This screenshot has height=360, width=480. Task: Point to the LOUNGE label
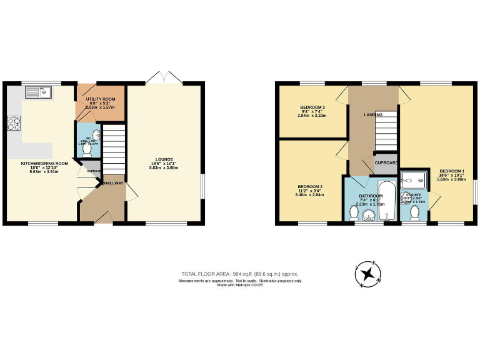(165, 159)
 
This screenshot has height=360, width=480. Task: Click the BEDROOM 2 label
(310, 186)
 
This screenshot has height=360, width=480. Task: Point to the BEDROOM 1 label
(451, 171)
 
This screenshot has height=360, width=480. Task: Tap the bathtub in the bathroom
(387, 200)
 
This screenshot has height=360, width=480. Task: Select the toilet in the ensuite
(414, 212)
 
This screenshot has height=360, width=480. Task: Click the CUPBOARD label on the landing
(386, 162)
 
